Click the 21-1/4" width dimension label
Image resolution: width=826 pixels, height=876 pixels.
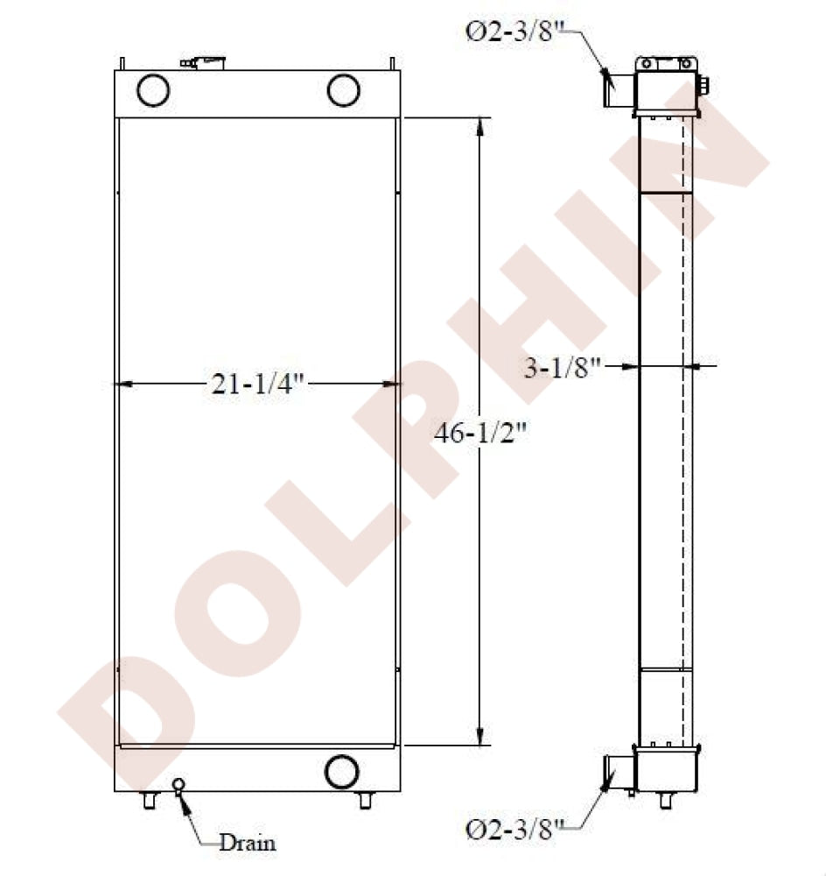point(257,384)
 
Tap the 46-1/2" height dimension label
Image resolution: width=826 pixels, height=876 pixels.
point(480,432)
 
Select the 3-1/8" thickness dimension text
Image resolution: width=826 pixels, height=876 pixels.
point(562,368)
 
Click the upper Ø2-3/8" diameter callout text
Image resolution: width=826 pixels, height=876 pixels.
point(512,32)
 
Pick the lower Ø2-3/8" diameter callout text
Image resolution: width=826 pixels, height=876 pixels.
point(514,829)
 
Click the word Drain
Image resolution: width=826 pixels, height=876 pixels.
point(248,843)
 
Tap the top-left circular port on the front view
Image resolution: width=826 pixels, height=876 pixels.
point(153,89)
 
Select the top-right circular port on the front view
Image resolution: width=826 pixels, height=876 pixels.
point(343,89)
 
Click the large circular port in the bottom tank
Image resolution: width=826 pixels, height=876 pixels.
point(341,772)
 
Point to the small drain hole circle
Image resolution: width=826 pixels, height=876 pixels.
point(178,784)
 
